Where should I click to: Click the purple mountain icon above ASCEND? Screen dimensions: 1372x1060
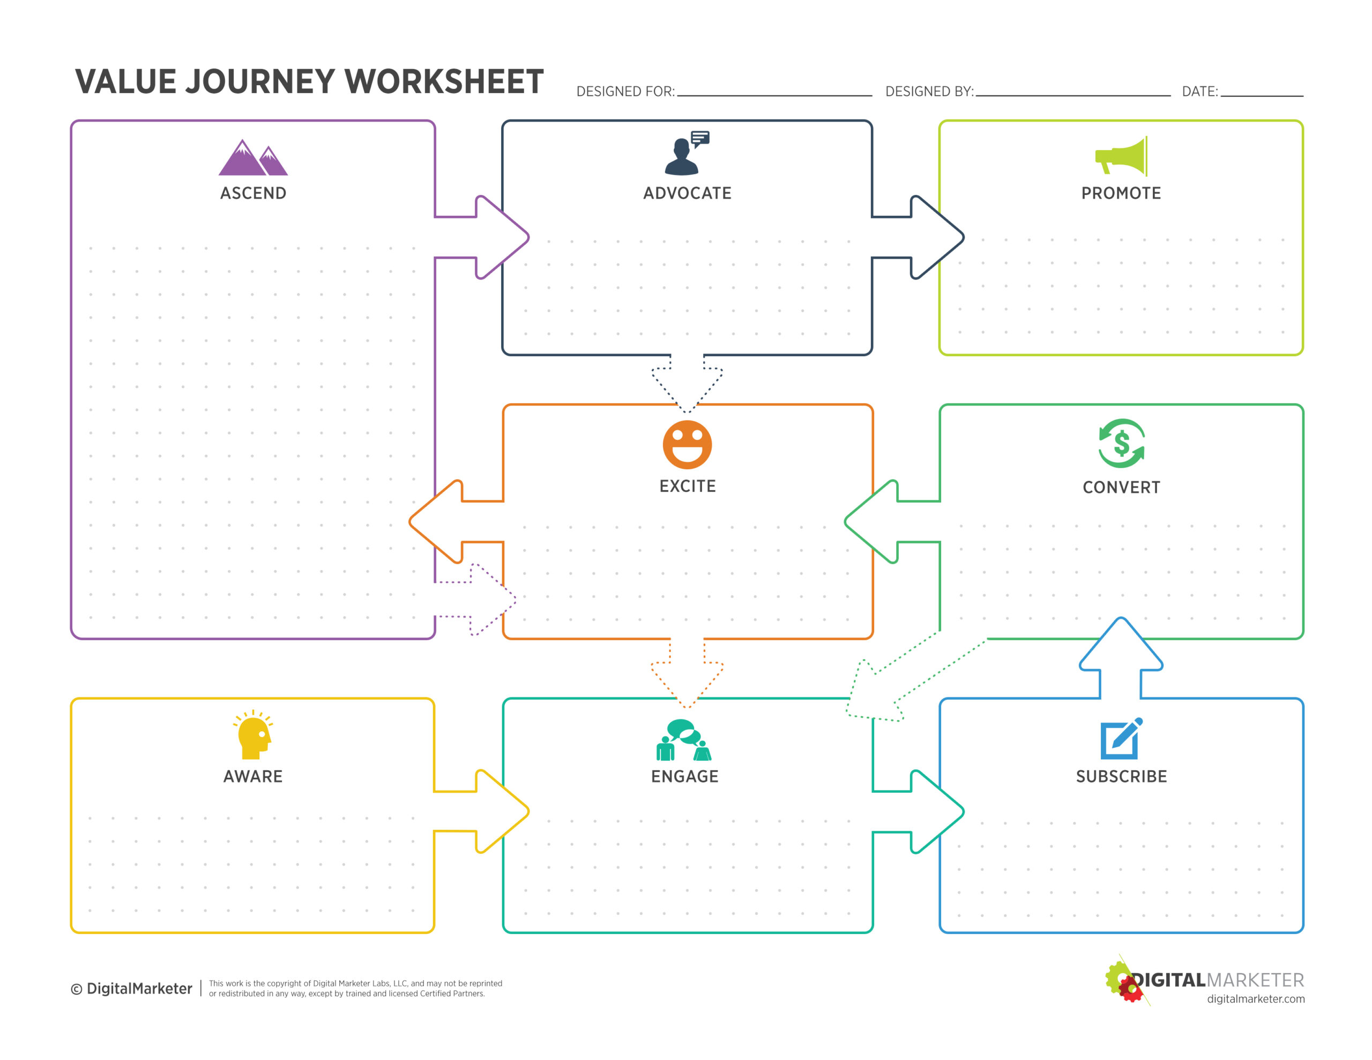tap(253, 157)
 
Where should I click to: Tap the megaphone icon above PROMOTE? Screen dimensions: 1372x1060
tap(1121, 156)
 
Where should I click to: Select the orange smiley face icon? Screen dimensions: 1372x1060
tap(687, 445)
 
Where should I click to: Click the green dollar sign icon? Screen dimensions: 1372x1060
tap(1121, 443)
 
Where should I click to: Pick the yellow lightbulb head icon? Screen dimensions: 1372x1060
tap(253, 734)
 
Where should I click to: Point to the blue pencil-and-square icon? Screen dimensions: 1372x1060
tap(1121, 738)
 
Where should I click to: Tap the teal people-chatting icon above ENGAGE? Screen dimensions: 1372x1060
tap(684, 740)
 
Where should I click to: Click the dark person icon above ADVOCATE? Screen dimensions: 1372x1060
tap(687, 153)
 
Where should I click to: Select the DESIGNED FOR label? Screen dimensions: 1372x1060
tap(625, 92)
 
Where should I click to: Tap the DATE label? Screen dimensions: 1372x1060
tap(1200, 92)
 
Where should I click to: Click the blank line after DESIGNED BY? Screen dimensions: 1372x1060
tap(1073, 95)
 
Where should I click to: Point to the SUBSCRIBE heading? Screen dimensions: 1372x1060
tap(1121, 777)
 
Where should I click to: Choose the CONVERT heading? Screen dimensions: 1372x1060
tap(1121, 487)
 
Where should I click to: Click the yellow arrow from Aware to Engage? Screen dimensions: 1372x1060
tap(482, 811)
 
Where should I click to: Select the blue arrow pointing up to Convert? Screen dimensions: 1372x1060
tap(1121, 657)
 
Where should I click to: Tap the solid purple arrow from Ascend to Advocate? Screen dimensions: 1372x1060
tap(482, 237)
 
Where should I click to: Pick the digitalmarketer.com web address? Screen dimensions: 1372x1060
tap(1255, 999)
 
